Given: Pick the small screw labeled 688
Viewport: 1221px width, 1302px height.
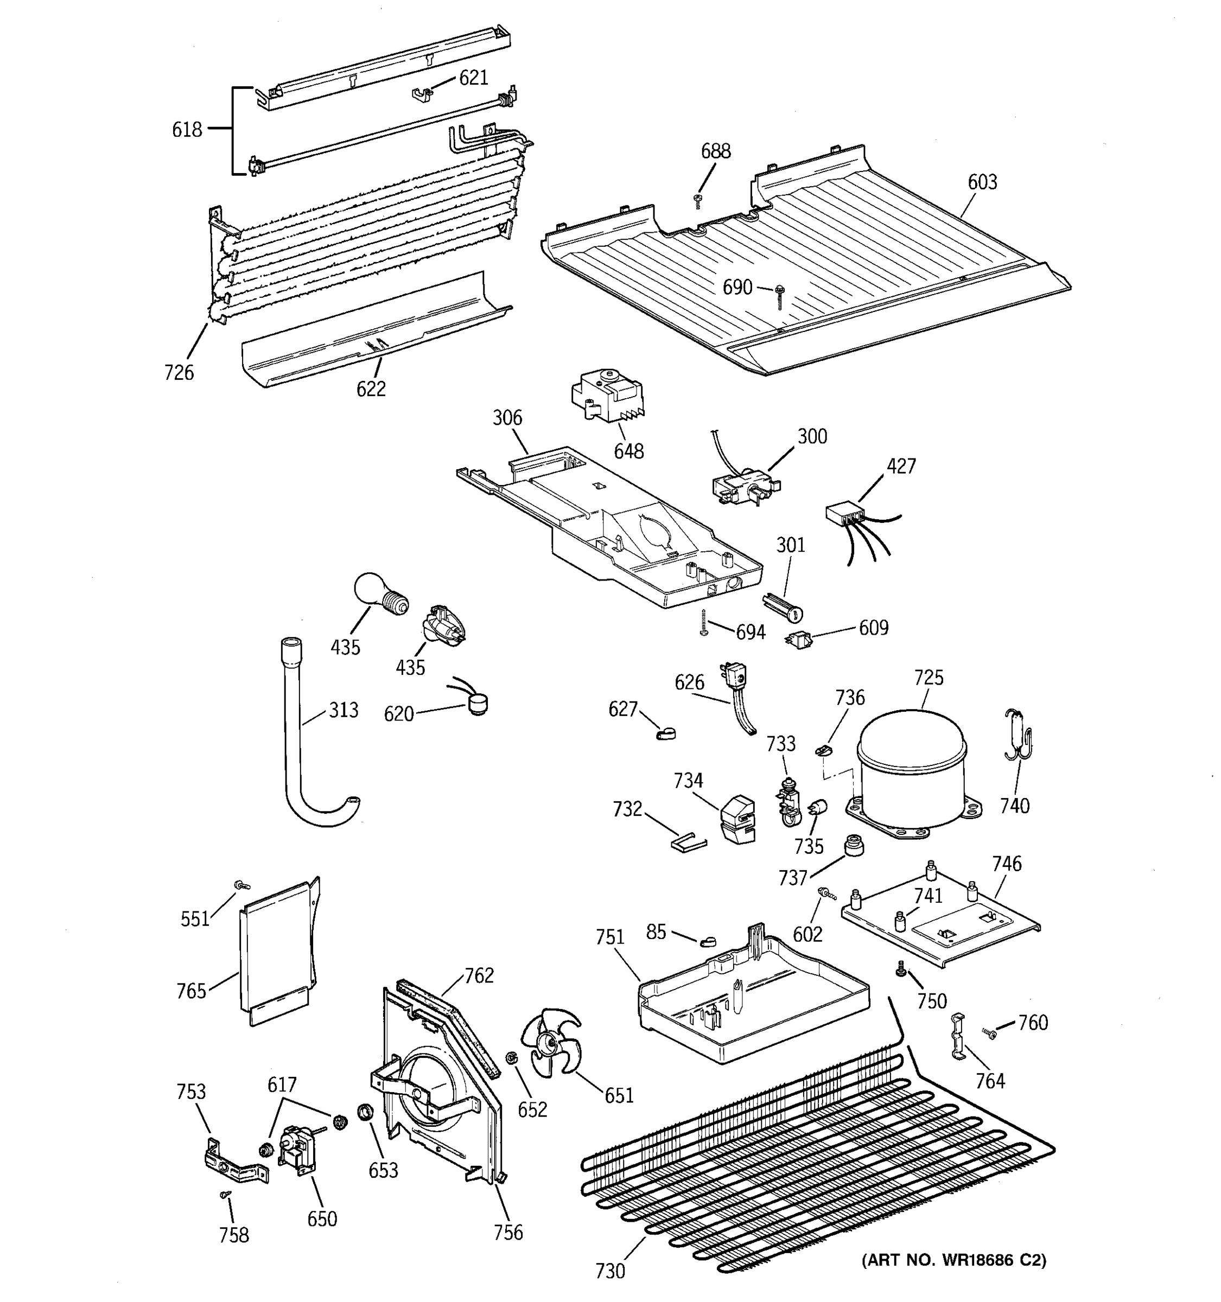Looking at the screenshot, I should tap(698, 200).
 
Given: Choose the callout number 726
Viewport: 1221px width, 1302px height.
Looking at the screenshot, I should tap(179, 372).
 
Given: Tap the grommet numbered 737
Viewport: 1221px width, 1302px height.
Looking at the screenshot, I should tap(853, 846).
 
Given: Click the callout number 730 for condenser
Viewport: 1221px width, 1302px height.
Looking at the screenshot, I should tap(610, 1289).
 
